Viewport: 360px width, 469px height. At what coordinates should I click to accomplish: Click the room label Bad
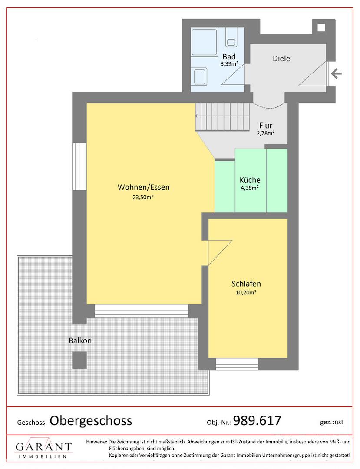[x=229, y=57]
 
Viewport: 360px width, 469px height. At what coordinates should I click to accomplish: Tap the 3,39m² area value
[x=229, y=64]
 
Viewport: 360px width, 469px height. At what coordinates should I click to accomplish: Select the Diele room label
[x=281, y=59]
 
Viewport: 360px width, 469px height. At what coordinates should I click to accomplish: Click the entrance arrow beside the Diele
[x=337, y=73]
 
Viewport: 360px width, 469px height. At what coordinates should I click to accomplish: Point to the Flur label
[x=265, y=126]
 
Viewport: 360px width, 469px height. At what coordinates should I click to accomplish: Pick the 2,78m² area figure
[x=265, y=133]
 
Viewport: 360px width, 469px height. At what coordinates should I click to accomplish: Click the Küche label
[x=250, y=180]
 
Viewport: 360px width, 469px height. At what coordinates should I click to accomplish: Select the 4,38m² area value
[x=250, y=188]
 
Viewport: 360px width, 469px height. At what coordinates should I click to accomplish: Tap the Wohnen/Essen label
[x=143, y=188]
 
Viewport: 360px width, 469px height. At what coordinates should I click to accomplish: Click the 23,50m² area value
[x=143, y=197]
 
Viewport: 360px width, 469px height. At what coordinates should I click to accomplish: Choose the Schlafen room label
[x=246, y=284]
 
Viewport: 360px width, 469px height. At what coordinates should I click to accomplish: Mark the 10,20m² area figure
[x=246, y=292]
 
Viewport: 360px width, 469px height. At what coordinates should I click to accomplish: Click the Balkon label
[x=80, y=341]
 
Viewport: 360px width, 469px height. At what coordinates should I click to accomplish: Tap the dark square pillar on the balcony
[x=79, y=359]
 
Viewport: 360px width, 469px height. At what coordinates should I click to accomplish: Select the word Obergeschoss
[x=91, y=420]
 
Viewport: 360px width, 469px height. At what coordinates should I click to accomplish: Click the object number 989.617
[x=257, y=420]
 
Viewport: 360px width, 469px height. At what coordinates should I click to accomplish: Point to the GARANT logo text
[x=43, y=447]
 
